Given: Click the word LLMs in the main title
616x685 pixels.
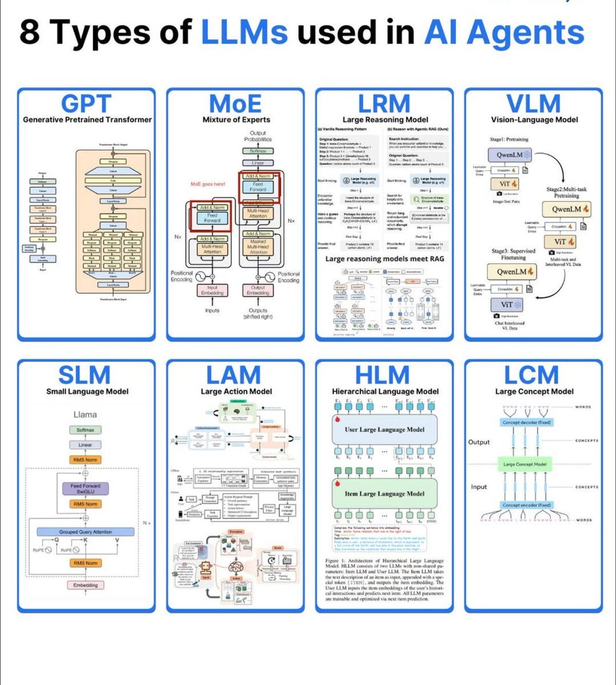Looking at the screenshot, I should coord(244,32).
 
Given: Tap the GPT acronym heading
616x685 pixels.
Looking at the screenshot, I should coord(86,104).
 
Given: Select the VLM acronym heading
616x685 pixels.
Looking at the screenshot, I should coord(534,104).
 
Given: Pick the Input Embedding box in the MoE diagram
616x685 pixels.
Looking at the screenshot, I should coord(212,291).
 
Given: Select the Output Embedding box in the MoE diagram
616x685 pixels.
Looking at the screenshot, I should coord(258,291).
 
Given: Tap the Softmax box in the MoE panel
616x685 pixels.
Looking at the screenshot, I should coord(258,151).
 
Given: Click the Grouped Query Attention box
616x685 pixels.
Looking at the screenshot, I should coord(86,531).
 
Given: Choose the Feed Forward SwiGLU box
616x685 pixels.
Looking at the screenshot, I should coord(85,489).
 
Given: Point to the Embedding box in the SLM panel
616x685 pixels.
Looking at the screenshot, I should coord(85,585).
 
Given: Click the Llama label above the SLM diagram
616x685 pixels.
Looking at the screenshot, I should coord(85,414).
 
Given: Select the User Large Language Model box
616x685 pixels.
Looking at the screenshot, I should coord(384,430).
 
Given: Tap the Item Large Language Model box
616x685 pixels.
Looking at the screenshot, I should coord(384,494).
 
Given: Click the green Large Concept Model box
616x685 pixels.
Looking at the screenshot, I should coord(525,464).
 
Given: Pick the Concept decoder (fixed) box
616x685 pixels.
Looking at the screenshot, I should coord(526,422).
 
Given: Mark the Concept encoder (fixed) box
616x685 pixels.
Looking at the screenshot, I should coord(526,505).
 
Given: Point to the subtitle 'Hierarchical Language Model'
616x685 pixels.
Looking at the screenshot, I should coord(385,392).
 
